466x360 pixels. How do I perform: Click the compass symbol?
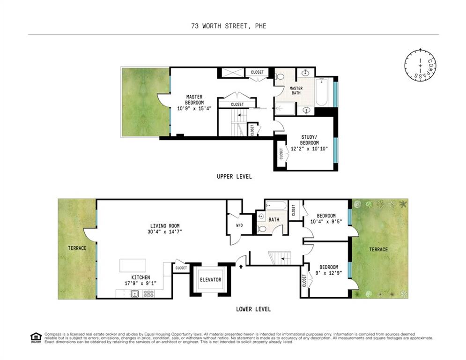tap(420, 65)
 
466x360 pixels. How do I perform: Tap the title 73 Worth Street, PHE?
tap(229, 26)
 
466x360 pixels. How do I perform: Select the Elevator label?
tap(210, 280)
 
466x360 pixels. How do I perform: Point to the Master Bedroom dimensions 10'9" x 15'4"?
tap(194, 108)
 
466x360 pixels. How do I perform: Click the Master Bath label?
tap(296, 91)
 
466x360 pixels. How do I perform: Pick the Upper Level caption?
tap(234, 177)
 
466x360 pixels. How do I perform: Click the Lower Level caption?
tap(253, 309)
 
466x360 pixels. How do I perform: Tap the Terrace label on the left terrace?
tap(77, 248)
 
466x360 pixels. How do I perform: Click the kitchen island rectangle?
tap(133, 265)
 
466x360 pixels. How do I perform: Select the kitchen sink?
tap(134, 294)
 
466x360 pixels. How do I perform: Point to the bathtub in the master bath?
tap(322, 92)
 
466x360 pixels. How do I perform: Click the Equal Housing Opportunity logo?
tap(36, 337)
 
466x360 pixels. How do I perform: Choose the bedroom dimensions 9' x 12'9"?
tap(326, 270)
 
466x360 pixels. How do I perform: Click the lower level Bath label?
tap(274, 219)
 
